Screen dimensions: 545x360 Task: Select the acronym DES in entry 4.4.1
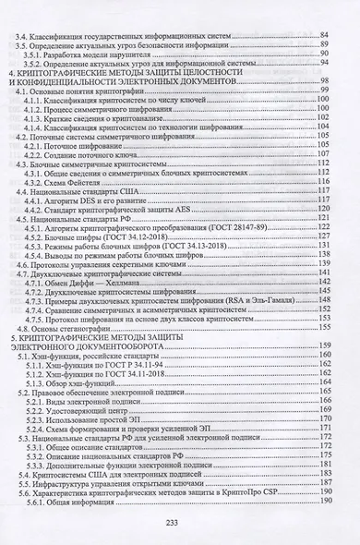click(98, 199)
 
